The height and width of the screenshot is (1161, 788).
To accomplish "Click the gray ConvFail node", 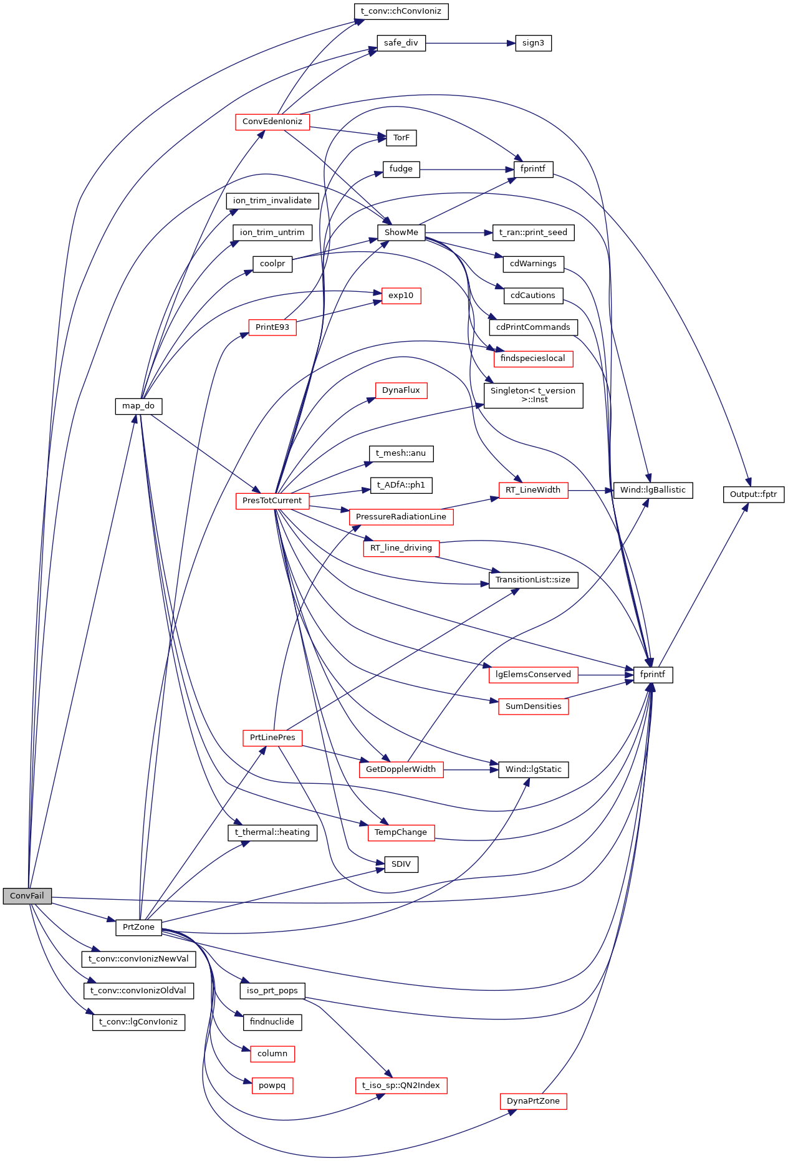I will [x=27, y=896].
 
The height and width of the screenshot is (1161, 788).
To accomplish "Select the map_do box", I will [x=138, y=406].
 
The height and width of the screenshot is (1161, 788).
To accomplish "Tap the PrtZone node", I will [x=138, y=927].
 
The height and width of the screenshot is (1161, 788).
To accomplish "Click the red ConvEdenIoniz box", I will [x=272, y=122].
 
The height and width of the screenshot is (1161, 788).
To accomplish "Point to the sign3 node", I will [x=533, y=43].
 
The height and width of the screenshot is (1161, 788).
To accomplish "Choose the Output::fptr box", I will [x=753, y=494].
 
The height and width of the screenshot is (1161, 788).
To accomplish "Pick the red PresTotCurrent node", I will [x=272, y=501].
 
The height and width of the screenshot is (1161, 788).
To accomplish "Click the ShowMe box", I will [x=401, y=233].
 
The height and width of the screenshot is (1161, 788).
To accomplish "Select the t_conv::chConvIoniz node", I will [x=401, y=11].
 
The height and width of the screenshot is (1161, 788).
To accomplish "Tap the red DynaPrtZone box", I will [x=533, y=1101].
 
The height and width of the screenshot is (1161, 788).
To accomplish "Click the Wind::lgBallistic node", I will [x=653, y=490].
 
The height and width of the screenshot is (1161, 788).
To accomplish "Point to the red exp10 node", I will [x=401, y=296].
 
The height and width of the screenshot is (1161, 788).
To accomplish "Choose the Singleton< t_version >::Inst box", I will [x=533, y=395].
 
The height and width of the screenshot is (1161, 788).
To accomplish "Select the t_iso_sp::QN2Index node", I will [x=401, y=1086].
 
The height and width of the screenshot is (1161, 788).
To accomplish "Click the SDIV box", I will [x=401, y=864].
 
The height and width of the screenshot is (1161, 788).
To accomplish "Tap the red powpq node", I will [x=272, y=1086].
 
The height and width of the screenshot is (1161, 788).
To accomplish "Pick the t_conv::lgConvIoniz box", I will [x=138, y=1022].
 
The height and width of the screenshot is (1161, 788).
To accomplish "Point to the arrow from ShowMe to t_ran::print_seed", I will [x=458, y=233].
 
